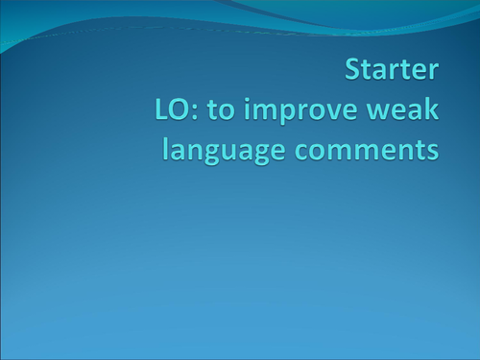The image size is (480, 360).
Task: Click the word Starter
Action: (392, 71)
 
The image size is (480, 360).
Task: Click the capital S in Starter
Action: (352, 71)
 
